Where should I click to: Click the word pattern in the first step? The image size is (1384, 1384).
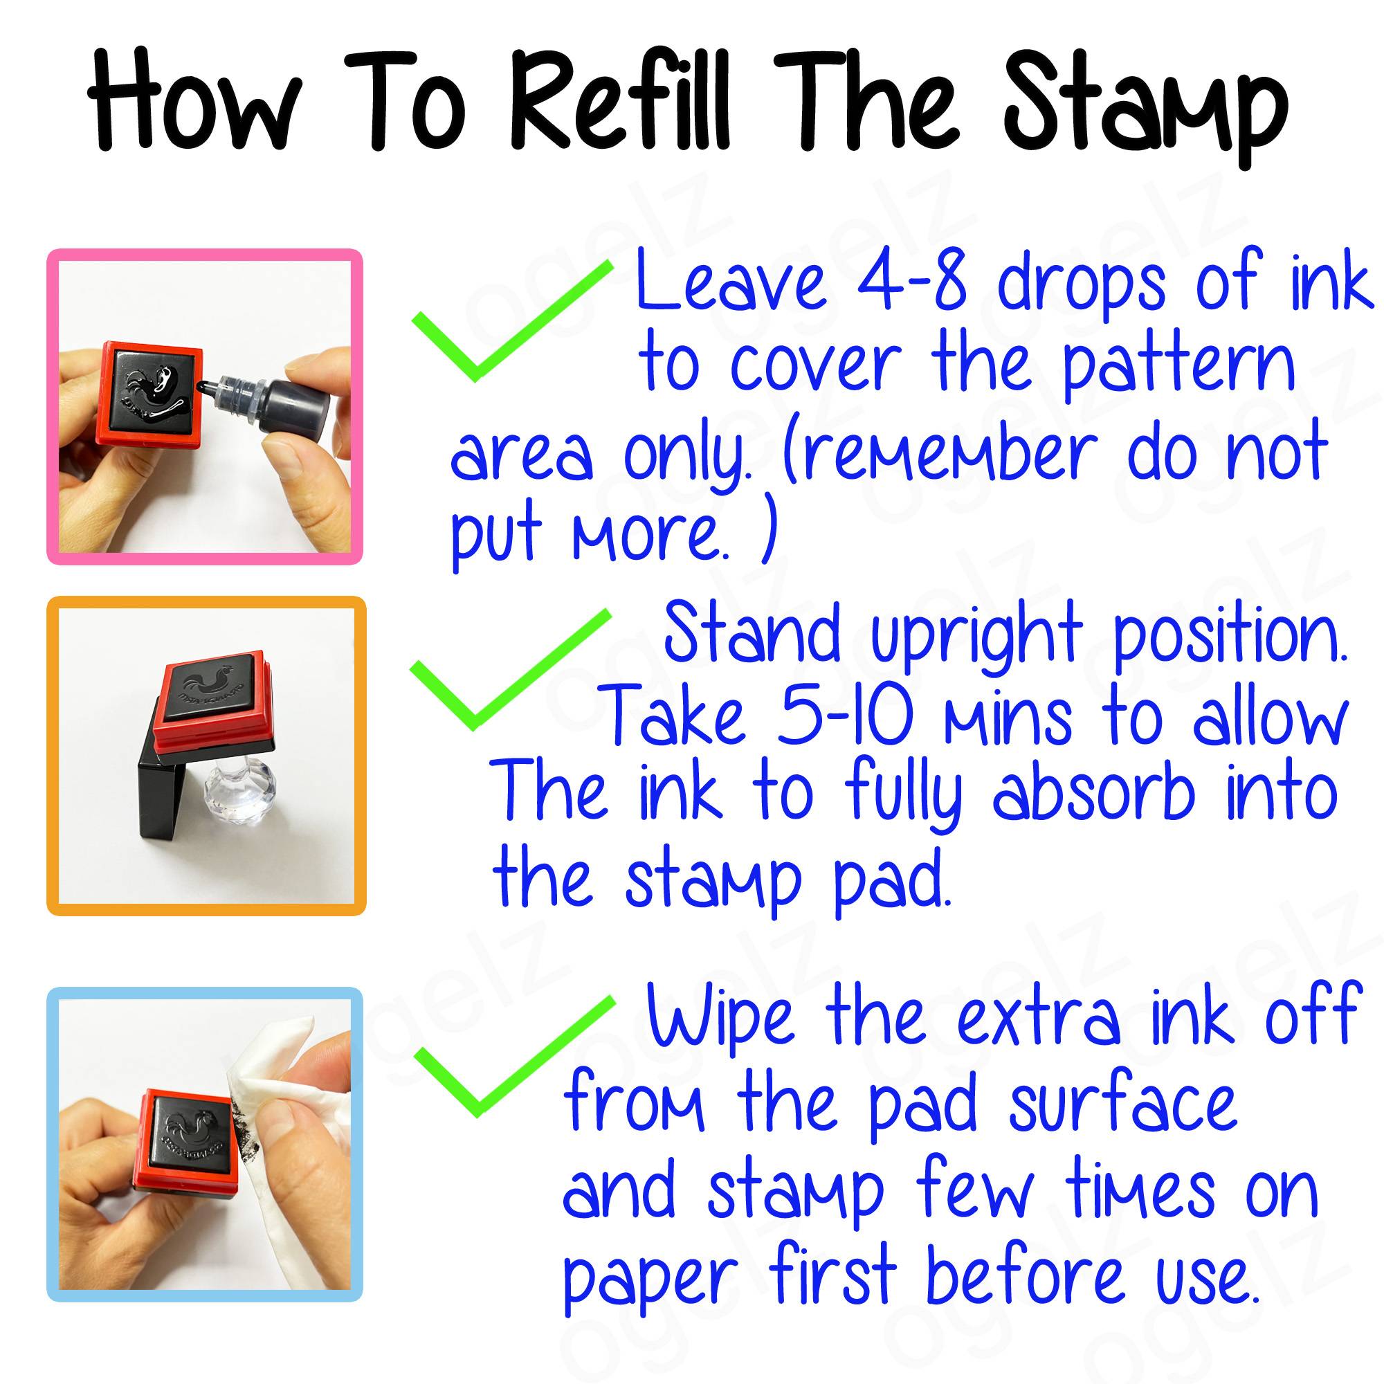point(1178,365)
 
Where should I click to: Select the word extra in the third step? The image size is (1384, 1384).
point(1038,1017)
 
